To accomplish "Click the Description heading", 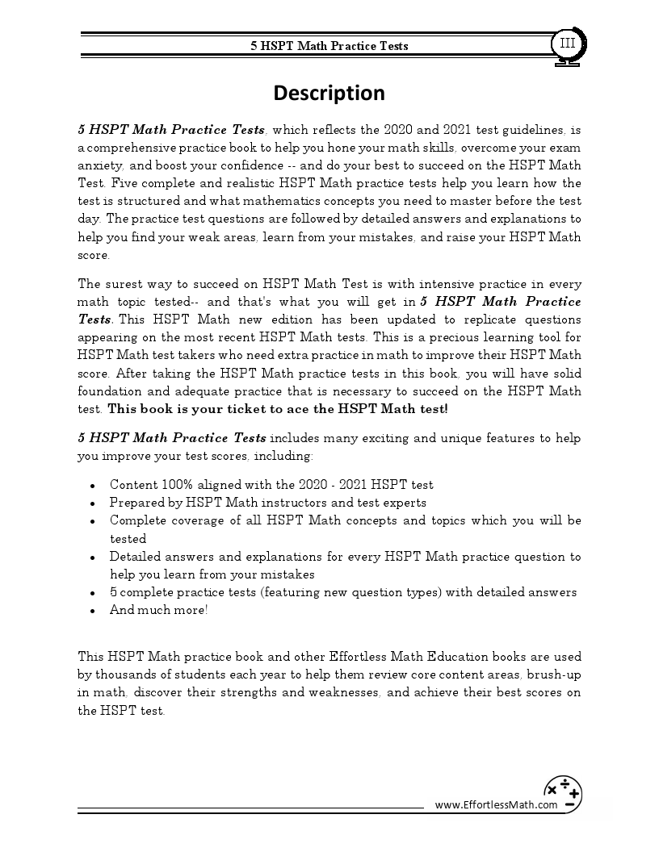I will (329, 94).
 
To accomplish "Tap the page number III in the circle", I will (568, 43).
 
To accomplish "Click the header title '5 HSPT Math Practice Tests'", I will (329, 46).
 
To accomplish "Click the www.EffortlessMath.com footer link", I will (496, 804).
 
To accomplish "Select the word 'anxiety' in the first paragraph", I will (98, 165).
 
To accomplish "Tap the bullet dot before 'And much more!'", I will (94, 611).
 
